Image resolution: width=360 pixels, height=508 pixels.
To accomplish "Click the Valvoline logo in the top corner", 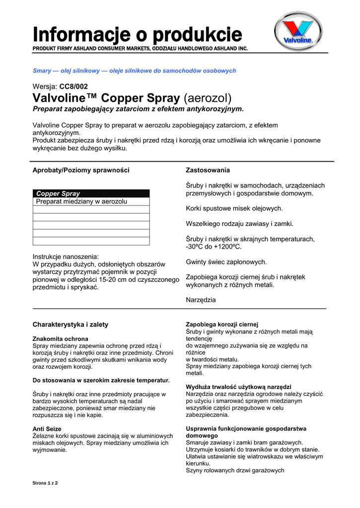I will click(299, 33).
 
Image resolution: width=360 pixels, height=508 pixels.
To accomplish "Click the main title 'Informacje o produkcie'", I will click(138, 35).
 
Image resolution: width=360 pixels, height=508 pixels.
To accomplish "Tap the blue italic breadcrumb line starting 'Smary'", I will click(134, 71).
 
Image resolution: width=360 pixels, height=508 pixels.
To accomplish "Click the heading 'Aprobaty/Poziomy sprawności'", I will click(81, 170).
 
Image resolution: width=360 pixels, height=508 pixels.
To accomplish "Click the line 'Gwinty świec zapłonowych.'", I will click(226, 261).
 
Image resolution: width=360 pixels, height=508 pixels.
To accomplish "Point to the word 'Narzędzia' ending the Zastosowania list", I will click(201, 300).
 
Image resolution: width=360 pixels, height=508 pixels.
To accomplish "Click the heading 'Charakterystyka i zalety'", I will click(71, 324).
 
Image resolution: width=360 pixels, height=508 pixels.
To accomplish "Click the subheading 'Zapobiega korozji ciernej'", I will click(222, 324).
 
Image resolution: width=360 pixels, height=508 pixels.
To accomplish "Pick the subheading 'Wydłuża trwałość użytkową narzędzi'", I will click(238, 386).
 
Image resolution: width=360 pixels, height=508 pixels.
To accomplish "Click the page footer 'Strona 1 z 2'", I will click(45, 483).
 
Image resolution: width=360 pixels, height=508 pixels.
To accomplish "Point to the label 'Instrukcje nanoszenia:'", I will click(66, 256).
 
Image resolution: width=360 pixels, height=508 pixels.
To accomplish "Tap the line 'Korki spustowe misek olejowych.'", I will click(234, 208).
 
